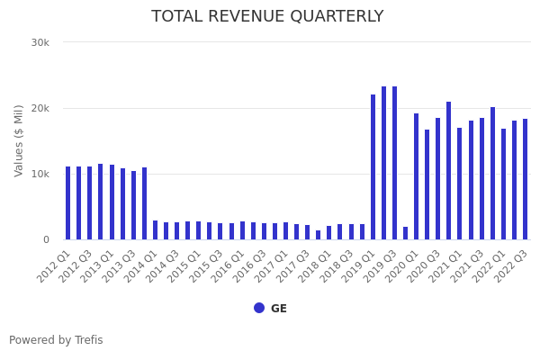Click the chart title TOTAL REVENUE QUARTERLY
pyautogui.click(x=267, y=17)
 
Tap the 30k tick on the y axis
pyautogui.click(x=40, y=42)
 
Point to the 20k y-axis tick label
pyautogui.click(x=40, y=108)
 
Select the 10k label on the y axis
pyautogui.click(x=40, y=174)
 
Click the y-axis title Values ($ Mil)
pyautogui.click(x=20, y=140)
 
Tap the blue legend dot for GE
pyautogui.click(x=259, y=308)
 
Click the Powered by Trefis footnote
pyautogui.click(x=56, y=340)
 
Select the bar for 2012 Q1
pyautogui.click(x=67, y=203)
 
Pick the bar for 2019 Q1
pyautogui.click(x=373, y=167)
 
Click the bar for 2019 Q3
pyautogui.click(x=394, y=163)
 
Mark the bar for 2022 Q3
pyautogui.click(x=525, y=179)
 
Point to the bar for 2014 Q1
pyautogui.click(x=155, y=230)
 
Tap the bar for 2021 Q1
pyautogui.click(x=459, y=184)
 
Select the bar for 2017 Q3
pyautogui.click(x=307, y=232)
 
